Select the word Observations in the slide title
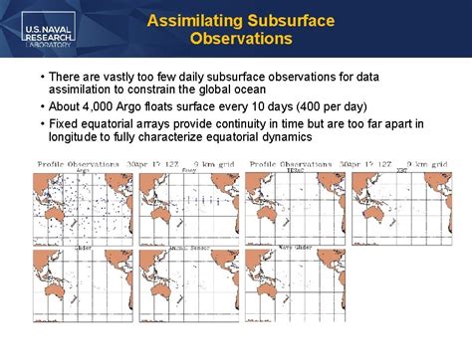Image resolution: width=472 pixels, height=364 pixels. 240,40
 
